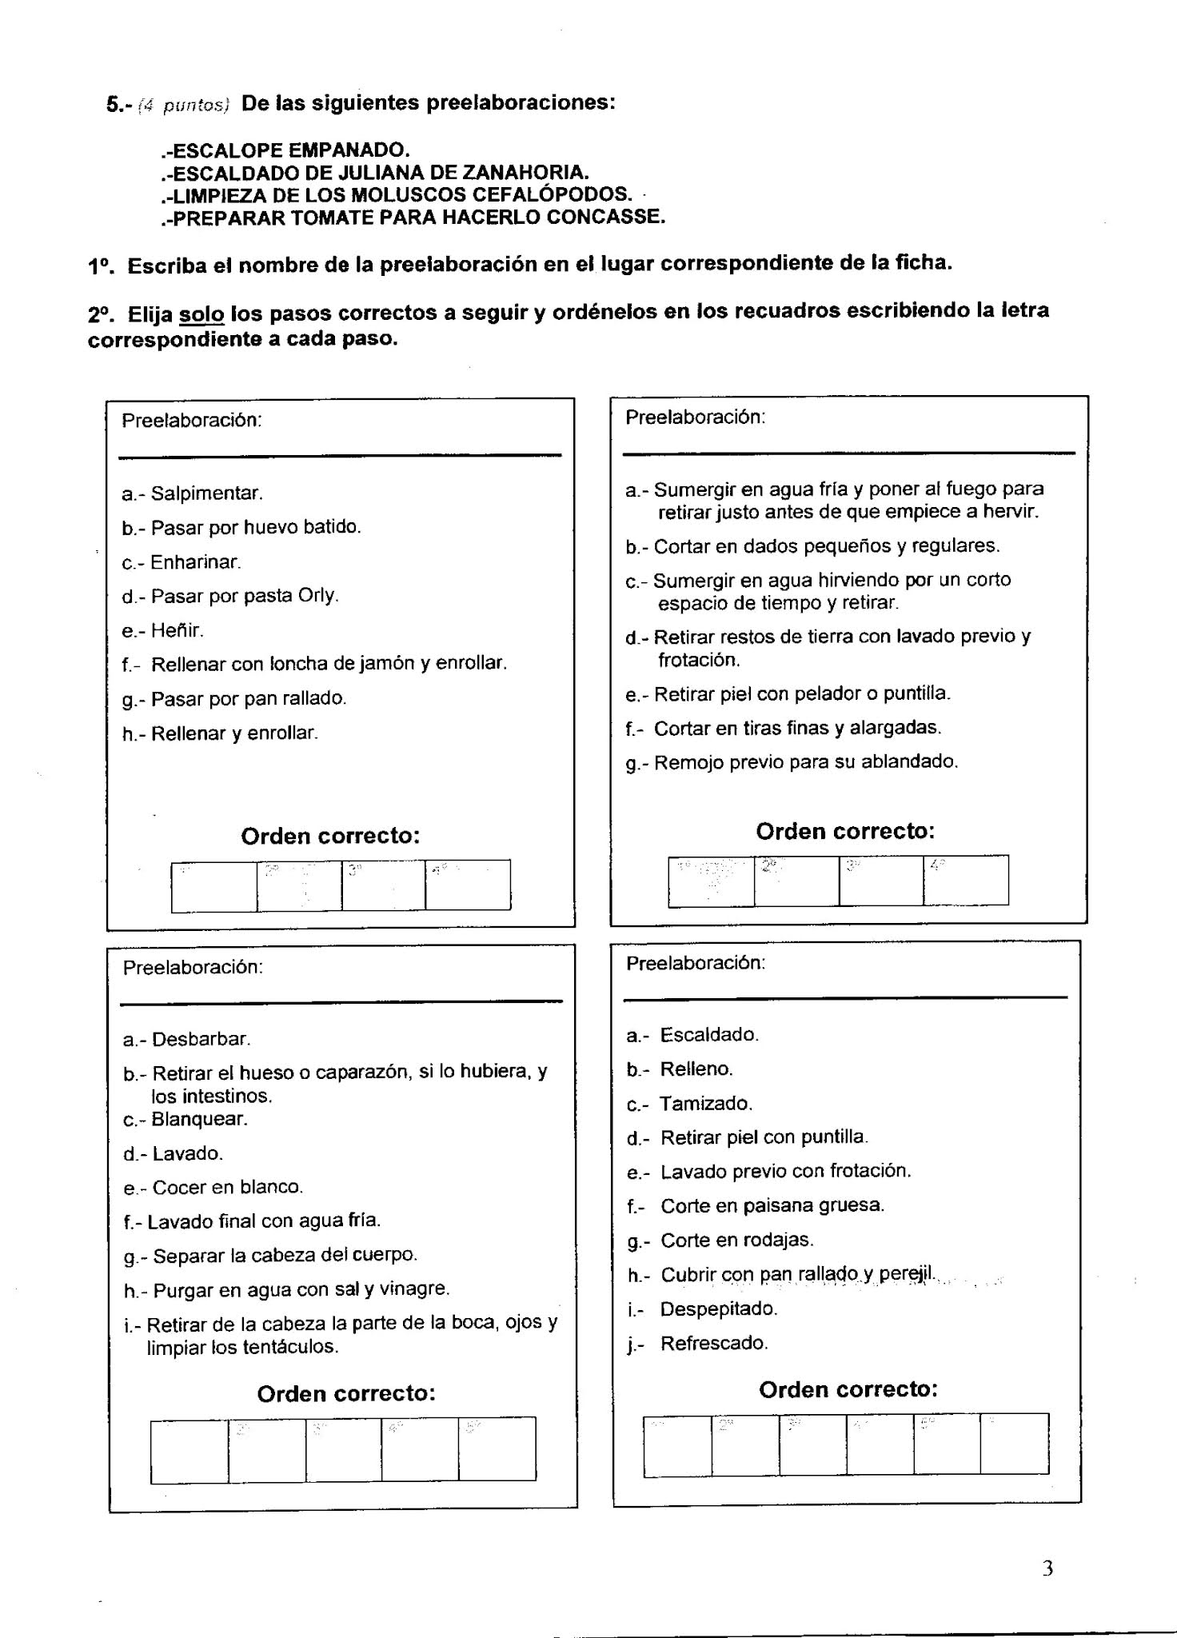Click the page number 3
tap(1047, 1568)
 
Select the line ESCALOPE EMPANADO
tap(285, 150)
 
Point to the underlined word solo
tap(201, 314)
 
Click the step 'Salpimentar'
tap(192, 493)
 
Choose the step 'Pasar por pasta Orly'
tap(230, 596)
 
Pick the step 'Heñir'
tap(163, 630)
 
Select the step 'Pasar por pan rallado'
tap(234, 698)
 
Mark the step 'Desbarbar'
tap(187, 1039)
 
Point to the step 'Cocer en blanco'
tap(213, 1187)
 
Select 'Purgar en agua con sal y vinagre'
tap(287, 1289)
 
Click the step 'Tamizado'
tap(690, 1104)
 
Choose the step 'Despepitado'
tap(703, 1309)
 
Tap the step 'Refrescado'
tap(698, 1344)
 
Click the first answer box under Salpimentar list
tap(213, 886)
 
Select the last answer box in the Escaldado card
tap(1014, 1444)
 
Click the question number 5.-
tap(119, 105)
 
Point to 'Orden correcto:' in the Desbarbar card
tap(346, 1394)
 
